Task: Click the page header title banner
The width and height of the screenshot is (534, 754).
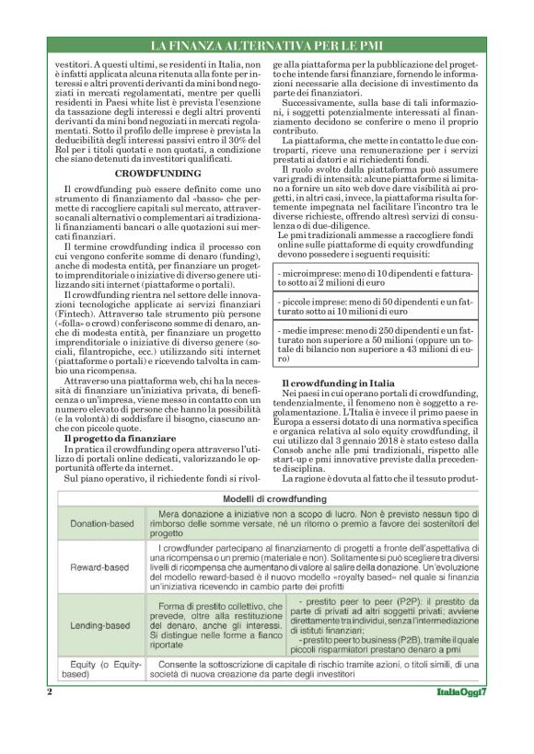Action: (266, 45)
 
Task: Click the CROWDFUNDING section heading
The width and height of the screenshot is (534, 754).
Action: (158, 172)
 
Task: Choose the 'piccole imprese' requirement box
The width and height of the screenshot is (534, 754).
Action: (377, 306)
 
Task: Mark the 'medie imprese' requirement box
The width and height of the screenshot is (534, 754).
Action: (377, 343)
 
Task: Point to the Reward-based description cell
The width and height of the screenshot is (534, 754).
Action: (314, 566)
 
